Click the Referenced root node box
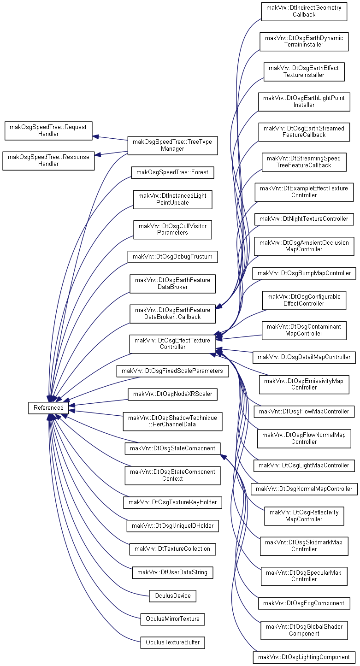[x=48, y=407]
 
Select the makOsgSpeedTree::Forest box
[x=172, y=172]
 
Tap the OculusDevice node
[x=172, y=596]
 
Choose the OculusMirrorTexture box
[x=172, y=619]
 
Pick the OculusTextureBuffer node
[x=172, y=642]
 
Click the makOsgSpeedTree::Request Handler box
[x=48, y=130]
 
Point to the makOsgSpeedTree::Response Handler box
[x=48, y=160]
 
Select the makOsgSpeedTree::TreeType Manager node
[x=172, y=145]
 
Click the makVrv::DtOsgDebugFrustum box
[x=172, y=257]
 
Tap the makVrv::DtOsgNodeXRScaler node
[x=172, y=394]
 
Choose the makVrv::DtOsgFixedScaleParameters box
[x=172, y=371]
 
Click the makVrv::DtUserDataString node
[x=172, y=572]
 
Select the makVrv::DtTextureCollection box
[x=172, y=549]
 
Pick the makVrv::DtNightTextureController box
[x=304, y=219]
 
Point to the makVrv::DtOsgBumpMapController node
[x=304, y=273]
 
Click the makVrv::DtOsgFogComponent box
[x=304, y=603]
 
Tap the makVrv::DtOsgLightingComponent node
[x=304, y=657]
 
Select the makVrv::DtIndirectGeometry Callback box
[x=304, y=12]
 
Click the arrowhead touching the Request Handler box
[x=95, y=137]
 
